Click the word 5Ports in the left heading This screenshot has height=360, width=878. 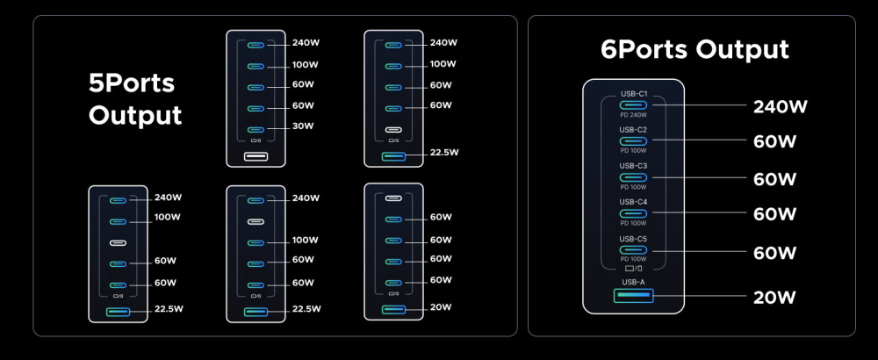132,84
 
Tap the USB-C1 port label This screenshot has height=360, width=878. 633,93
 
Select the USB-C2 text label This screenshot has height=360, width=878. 633,129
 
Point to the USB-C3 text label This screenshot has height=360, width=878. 633,165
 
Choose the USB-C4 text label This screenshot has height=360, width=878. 633,202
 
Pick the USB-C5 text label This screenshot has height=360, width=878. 633,239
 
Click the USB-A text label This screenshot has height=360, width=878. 633,281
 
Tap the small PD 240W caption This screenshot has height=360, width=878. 633,115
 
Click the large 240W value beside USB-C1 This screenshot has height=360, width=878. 781,107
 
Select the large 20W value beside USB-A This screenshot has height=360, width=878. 775,297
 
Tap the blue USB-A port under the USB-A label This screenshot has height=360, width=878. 633,296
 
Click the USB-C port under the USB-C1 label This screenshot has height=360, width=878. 633,104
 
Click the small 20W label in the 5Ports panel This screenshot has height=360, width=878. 441,308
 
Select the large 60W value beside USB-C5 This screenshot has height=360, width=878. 775,254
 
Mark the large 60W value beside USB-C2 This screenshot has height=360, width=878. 775,140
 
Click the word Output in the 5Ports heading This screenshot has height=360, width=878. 135,116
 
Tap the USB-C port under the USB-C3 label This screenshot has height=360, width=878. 633,177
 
